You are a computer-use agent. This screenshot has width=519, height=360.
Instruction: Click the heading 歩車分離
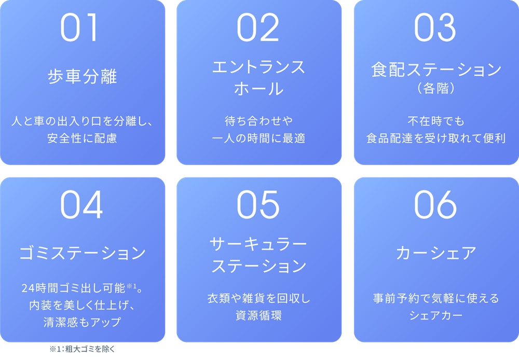pos(83,77)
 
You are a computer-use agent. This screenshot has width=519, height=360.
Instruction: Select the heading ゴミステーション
pos(83,253)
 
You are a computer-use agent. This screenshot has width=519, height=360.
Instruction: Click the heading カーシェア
pos(436,253)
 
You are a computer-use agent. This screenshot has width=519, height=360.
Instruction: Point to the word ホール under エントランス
pos(259,88)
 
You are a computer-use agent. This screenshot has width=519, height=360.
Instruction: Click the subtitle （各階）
pos(436,88)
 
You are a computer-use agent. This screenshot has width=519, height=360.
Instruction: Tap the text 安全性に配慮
pos(83,139)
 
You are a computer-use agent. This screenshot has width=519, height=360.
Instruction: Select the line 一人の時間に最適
pos(259,139)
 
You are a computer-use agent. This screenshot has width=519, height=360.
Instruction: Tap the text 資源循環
pos(259,315)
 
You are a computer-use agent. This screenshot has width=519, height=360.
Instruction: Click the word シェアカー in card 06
pos(436,315)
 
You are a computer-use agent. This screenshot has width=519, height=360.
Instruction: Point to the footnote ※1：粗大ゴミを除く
pos(81,349)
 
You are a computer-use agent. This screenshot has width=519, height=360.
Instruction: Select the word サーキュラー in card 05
pos(259,244)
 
